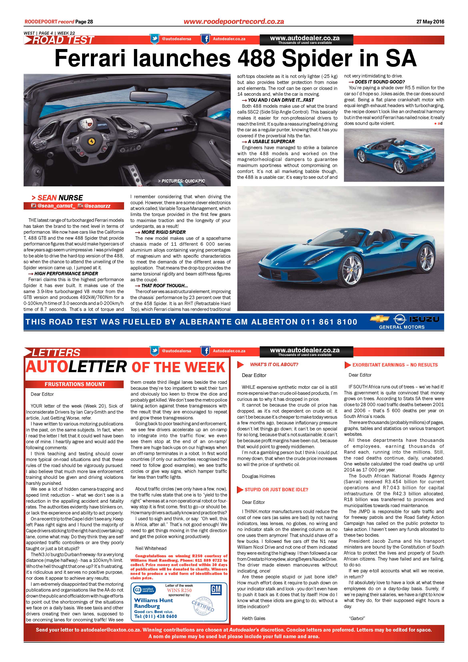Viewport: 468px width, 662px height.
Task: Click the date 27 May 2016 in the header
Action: pyautogui.click(x=430, y=22)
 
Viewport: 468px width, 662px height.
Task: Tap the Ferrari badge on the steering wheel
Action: pyautogui.click(x=91, y=141)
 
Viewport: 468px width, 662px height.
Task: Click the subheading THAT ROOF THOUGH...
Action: pyautogui.click(x=164, y=285)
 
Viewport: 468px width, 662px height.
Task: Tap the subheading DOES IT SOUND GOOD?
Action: pyautogui.click(x=380, y=82)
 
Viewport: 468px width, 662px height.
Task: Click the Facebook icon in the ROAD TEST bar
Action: pyautogui.click(x=205, y=39)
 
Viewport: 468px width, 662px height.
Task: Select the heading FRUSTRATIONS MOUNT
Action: pyautogui.click(x=75, y=384)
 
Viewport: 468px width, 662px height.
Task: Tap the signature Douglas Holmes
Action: pyautogui.click(x=258, y=476)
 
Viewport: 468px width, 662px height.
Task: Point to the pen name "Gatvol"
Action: pyautogui.click(x=357, y=618)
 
